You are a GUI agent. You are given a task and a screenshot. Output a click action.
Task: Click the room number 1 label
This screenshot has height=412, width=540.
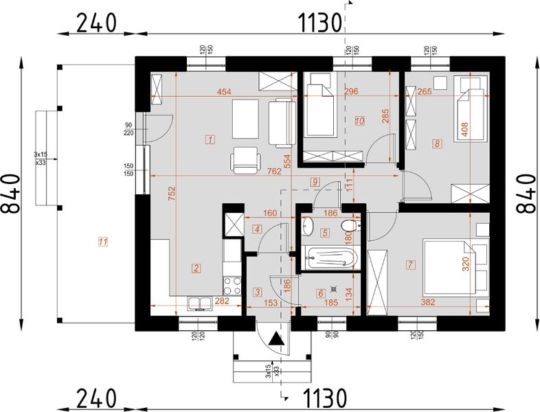(210, 139)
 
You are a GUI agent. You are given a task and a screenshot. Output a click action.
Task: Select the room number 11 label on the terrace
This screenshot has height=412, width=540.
(102, 242)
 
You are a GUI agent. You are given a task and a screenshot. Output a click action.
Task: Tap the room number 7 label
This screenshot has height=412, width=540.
(411, 263)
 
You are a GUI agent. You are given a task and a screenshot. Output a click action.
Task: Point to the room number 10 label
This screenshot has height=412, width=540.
(359, 121)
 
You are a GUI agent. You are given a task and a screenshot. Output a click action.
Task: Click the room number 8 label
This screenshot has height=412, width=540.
(436, 144)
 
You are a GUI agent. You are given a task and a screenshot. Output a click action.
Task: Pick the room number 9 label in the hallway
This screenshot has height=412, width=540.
(315, 182)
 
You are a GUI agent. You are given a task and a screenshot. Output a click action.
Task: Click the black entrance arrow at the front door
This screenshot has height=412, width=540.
(276, 338)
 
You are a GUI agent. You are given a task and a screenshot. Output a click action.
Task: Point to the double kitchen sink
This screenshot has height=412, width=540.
(200, 303)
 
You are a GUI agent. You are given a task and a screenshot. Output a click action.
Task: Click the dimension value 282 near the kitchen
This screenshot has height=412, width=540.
(221, 300)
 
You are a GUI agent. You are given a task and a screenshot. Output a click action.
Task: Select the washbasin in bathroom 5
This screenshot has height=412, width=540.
(308, 226)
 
